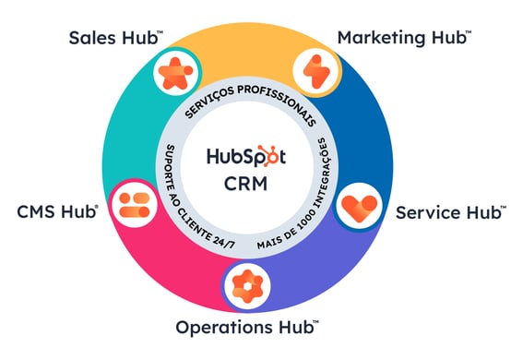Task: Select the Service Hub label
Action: (450, 212)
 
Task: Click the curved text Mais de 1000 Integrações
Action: (304, 198)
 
